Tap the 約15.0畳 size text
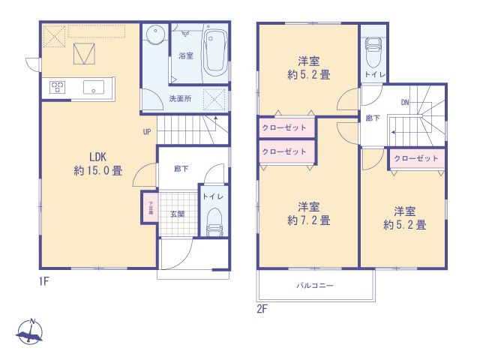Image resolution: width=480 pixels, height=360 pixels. coord(98,171)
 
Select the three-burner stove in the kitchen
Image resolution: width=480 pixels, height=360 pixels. coord(58,87)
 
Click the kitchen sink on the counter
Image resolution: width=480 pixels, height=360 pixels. coord(94,86)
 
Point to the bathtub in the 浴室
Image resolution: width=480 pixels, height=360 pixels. coord(213,51)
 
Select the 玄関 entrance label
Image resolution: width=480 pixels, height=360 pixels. coord(177,214)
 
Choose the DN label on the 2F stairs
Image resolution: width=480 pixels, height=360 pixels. coord(404,102)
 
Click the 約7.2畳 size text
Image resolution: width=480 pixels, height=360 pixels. coord(309,220)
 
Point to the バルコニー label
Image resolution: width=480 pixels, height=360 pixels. coord(314,286)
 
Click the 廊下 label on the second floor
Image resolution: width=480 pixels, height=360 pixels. coord(373,118)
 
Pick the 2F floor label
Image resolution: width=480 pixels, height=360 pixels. coord(262,306)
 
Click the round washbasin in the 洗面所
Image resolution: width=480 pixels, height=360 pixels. coord(156,35)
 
